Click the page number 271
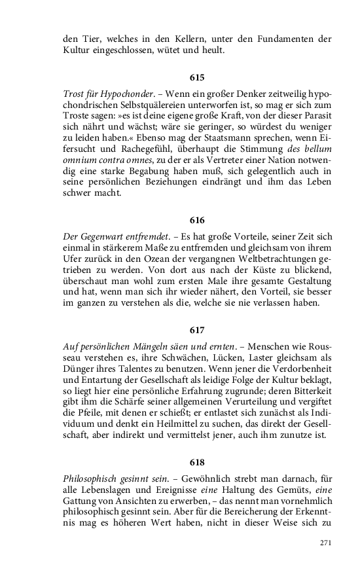tap(326, 543)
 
